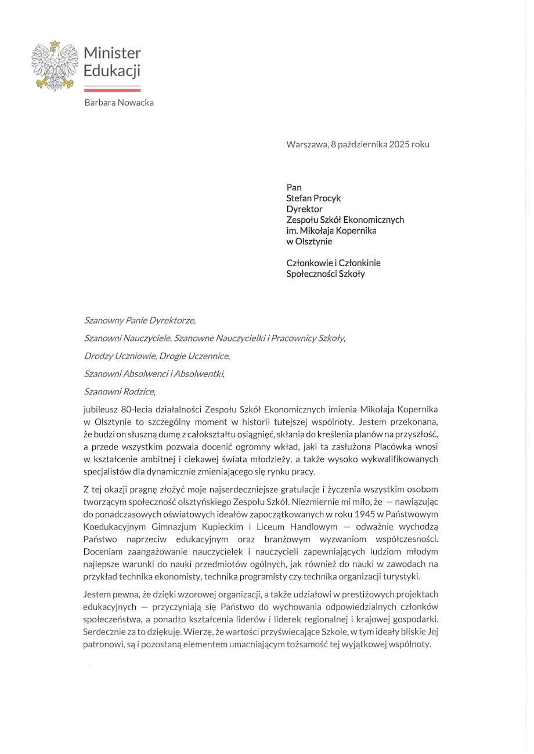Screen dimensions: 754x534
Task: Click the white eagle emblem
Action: pos(55,66)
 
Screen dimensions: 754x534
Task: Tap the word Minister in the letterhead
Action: pos(112,53)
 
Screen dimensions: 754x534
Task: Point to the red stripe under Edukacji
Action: pos(112,90)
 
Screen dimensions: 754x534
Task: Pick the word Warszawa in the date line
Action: pos(306,144)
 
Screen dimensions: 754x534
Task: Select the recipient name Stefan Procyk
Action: pos(313,198)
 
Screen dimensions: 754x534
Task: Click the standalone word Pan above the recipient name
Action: pos(294,187)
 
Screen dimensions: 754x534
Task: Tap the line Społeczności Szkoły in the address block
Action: pos(326,274)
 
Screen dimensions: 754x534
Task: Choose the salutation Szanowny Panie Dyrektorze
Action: pos(140,320)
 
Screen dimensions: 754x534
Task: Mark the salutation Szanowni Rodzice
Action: pos(120,391)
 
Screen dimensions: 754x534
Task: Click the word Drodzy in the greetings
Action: pos(99,356)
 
